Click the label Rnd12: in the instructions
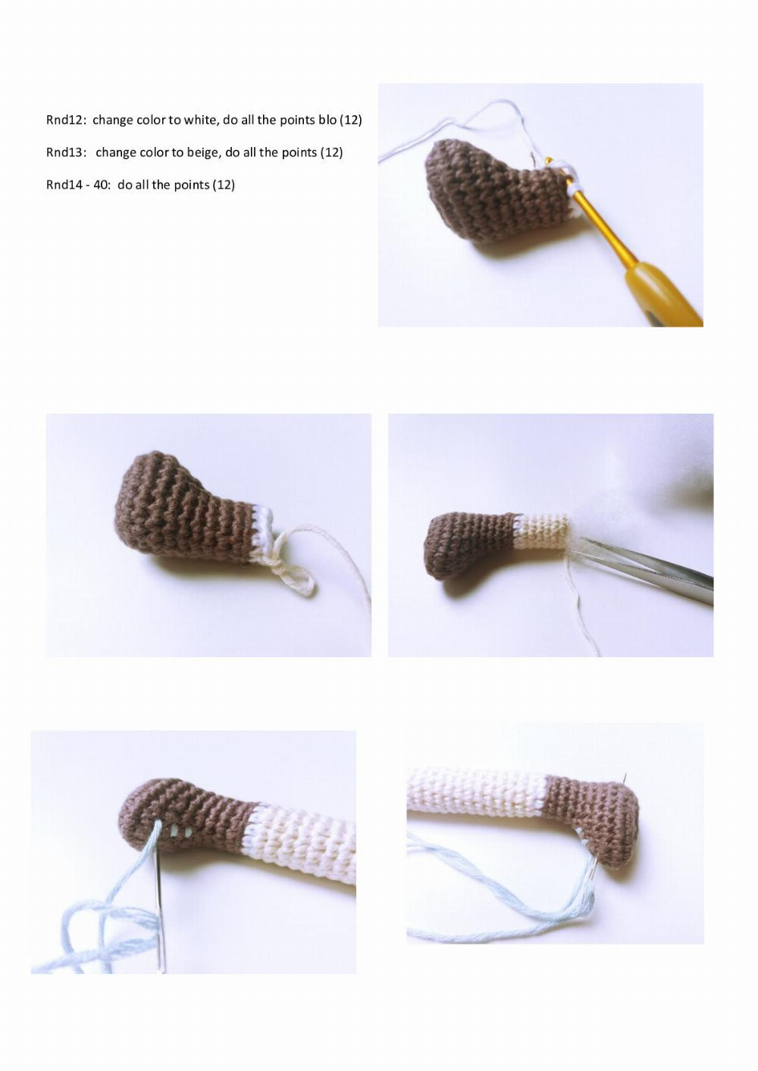pyautogui.click(x=66, y=120)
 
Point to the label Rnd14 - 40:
pyautogui.click(x=79, y=185)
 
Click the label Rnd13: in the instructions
pyautogui.click(x=66, y=152)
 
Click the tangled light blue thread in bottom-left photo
pyautogui.click(x=91, y=932)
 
